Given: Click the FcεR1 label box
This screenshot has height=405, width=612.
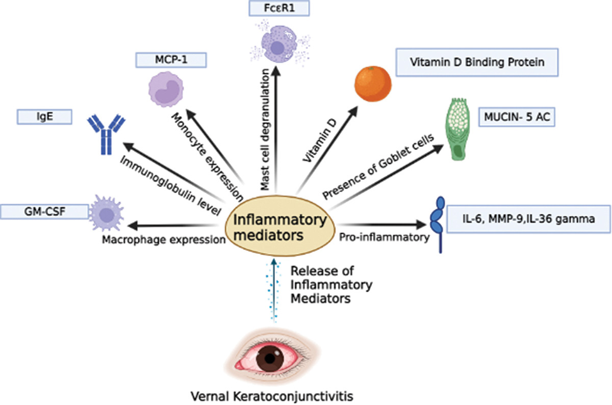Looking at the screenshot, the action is click(279, 8).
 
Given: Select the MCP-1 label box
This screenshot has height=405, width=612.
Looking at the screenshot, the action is click(171, 60).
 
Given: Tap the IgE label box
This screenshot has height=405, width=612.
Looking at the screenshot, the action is click(44, 117).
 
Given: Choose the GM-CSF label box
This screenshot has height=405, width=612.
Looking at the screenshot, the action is click(44, 211).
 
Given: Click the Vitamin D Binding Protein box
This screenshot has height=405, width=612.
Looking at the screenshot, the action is click(477, 62).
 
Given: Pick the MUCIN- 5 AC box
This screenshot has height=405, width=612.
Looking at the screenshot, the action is click(517, 117).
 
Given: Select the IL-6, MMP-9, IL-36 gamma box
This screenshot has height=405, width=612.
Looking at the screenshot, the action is click(529, 219).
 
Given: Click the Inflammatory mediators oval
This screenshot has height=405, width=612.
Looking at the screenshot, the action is click(280, 226).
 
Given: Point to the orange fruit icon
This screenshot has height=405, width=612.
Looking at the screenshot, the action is click(373, 84).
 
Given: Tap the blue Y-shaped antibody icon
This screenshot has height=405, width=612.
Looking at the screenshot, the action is click(106, 135).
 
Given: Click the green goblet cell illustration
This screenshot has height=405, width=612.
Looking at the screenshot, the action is click(458, 129).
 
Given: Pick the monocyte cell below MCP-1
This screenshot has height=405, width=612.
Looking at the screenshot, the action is click(166, 89).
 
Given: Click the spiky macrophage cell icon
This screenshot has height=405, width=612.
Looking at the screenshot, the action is click(107, 213).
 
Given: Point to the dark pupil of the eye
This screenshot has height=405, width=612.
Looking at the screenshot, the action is click(270, 359).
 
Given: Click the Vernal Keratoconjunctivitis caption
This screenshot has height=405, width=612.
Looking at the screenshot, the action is click(272, 396).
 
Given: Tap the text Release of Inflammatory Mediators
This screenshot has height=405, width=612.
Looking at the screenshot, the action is click(331, 285).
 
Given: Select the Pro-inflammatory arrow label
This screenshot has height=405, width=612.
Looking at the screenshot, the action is click(384, 237).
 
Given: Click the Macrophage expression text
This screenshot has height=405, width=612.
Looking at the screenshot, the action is click(164, 239).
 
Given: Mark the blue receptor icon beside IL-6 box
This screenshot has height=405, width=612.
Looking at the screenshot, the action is click(438, 224).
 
